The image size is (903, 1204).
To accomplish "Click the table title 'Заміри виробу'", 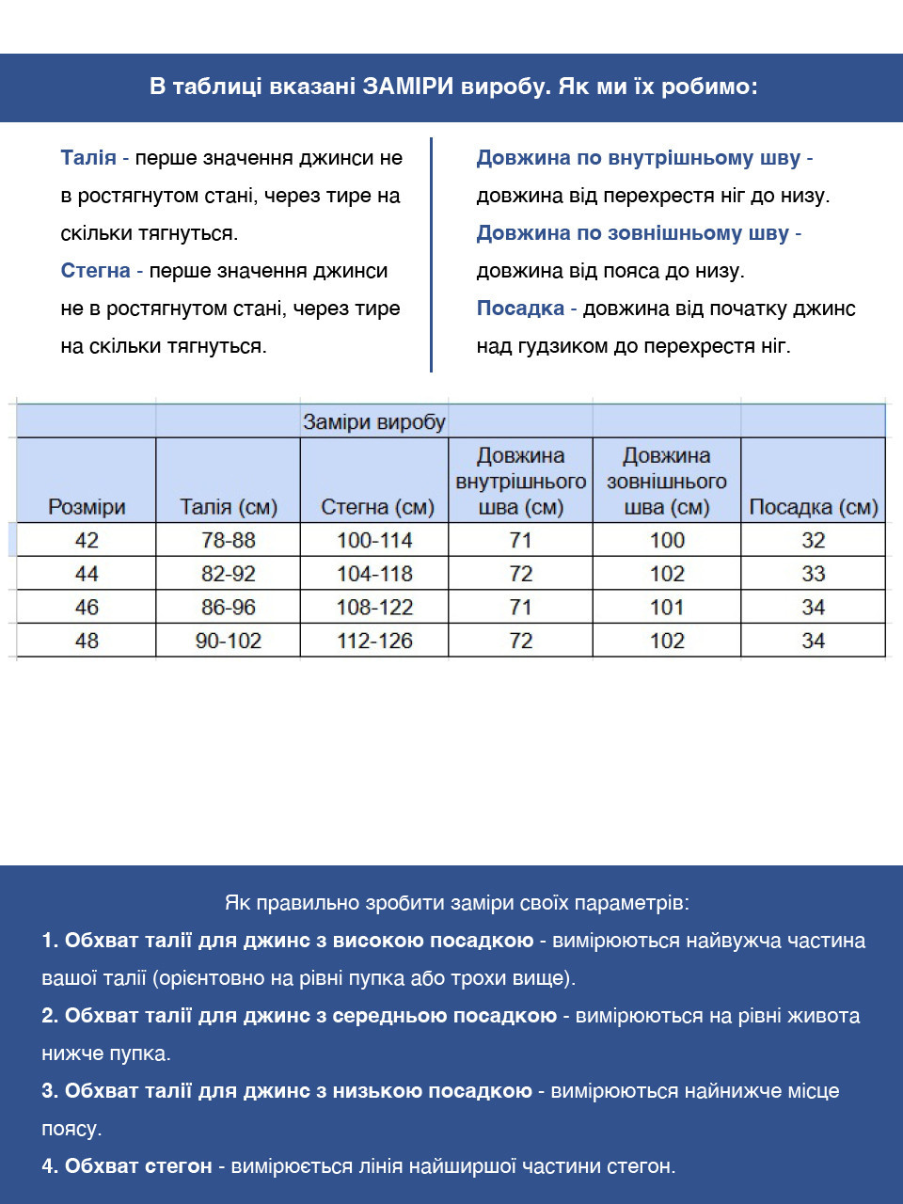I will pyautogui.click(x=373, y=421).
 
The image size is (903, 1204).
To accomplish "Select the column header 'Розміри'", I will pyautogui.click(x=87, y=507).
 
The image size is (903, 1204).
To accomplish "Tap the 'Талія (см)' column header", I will pyautogui.click(x=229, y=507).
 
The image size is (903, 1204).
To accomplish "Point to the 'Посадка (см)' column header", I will pyautogui.click(x=813, y=507).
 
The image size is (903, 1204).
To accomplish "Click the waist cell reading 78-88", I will pyautogui.click(x=229, y=540).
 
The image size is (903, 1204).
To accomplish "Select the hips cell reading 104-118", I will pyautogui.click(x=374, y=574).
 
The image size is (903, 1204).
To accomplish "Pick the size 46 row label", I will pyautogui.click(x=87, y=608).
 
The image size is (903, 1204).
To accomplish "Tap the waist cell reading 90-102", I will pyautogui.click(x=229, y=641).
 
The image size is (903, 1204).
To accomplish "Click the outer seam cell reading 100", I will pyautogui.click(x=667, y=540).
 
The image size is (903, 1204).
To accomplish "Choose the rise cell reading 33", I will pyautogui.click(x=813, y=574).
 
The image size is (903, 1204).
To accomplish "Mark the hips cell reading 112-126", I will pyautogui.click(x=374, y=641).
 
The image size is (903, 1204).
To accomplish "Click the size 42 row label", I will pyautogui.click(x=87, y=540).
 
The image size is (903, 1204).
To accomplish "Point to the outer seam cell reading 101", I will pyautogui.click(x=667, y=608).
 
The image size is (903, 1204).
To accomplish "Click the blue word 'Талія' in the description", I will pyautogui.click(x=88, y=158).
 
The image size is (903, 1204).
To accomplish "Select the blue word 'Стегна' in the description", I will pyautogui.click(x=95, y=271).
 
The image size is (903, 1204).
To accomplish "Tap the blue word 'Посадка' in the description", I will pyautogui.click(x=520, y=309).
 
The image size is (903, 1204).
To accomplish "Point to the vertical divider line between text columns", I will pyautogui.click(x=431, y=254).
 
